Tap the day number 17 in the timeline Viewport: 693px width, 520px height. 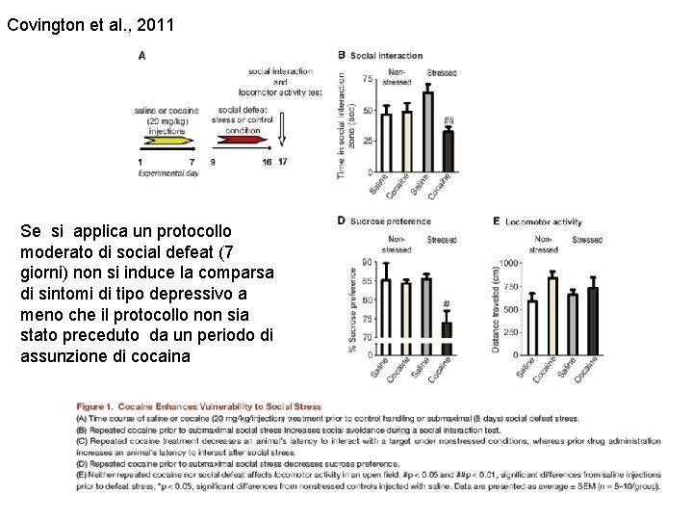click(282, 162)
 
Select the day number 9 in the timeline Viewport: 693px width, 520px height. click(212, 162)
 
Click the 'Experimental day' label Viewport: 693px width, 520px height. click(167, 173)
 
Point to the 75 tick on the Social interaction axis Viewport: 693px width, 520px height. click(368, 80)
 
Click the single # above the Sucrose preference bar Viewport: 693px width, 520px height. click(447, 304)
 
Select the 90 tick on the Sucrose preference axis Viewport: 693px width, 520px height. click(368, 262)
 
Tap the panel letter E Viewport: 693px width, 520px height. click(497, 221)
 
